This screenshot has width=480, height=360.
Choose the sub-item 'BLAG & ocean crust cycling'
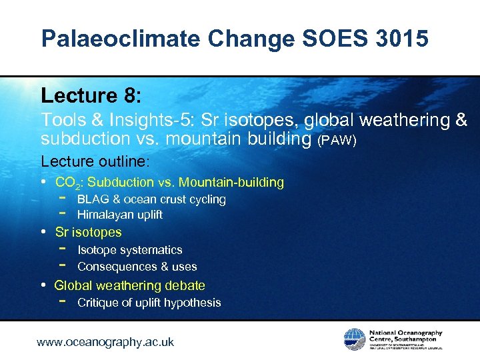pyautogui.click(x=151, y=199)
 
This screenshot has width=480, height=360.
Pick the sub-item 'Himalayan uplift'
pyautogui.click(x=120, y=215)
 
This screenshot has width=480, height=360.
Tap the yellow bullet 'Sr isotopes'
pyautogui.click(x=88, y=232)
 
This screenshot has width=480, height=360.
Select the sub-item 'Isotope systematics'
pyautogui.click(x=129, y=250)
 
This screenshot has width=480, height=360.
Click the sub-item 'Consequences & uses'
pyautogui.click(x=137, y=267)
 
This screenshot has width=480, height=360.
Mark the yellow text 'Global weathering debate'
pyautogui.click(x=129, y=285)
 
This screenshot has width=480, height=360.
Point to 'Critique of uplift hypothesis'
pyautogui.click(x=149, y=303)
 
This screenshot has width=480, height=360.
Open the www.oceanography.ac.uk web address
pyautogui.click(x=105, y=342)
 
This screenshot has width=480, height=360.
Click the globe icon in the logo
pyautogui.click(x=354, y=339)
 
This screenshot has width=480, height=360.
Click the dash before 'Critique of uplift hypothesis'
pyautogui.click(x=62, y=302)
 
